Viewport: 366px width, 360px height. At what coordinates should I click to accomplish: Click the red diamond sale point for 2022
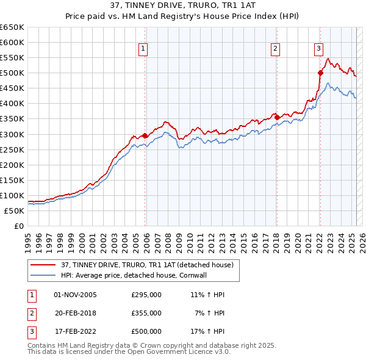coord(320,73)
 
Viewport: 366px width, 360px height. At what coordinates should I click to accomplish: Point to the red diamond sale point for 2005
coord(145,135)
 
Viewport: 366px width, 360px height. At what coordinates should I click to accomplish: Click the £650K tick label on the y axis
coord(12,27)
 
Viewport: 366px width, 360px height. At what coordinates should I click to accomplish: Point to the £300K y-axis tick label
coord(12,134)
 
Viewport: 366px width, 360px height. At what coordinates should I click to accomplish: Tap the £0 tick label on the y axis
coord(18,226)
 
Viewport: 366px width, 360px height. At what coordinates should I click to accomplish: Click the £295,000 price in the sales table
coord(146,295)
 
